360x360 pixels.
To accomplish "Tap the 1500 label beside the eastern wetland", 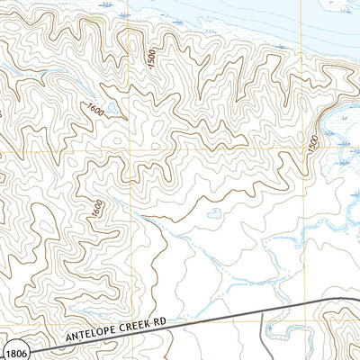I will tap(312, 143).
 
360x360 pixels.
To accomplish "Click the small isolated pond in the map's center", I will tap(214, 213).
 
